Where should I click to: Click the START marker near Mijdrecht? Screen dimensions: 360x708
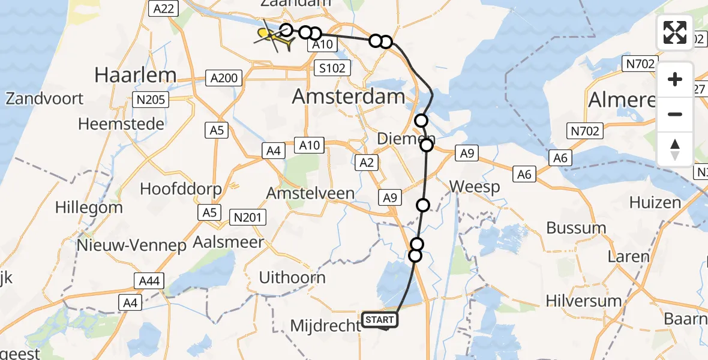pos(380,320)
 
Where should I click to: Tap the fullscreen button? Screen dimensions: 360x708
pos(675,32)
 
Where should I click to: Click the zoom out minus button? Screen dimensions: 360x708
pos(675,114)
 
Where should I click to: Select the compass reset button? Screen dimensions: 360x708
pos(675,149)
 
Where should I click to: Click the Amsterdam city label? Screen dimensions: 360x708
pos(349,97)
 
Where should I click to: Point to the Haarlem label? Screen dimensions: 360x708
pos(136,75)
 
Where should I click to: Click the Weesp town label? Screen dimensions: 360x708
pos(474,187)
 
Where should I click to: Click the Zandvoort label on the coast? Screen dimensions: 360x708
pos(44,98)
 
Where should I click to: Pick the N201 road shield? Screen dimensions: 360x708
pos(248,217)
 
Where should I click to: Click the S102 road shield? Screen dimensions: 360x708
pos(332,68)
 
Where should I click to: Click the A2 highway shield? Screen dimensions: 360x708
pos(367,162)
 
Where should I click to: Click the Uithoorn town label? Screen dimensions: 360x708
pos(292,278)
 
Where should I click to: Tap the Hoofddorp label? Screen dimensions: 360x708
pos(181,188)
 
